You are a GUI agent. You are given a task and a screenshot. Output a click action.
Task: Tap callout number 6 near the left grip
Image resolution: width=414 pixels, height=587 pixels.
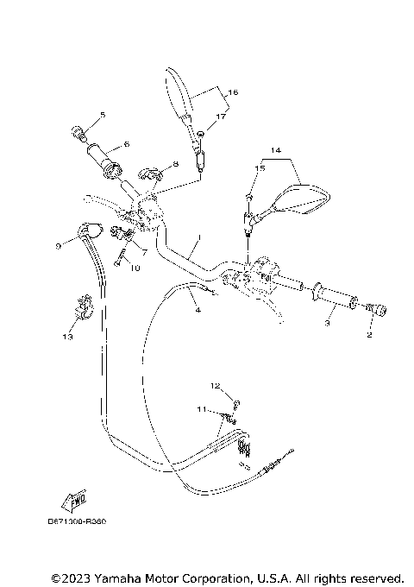coord(126,144)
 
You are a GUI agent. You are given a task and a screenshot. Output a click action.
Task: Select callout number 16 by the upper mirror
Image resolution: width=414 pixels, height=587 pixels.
coord(233,91)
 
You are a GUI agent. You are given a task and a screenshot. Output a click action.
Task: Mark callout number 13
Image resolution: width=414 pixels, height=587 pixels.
coord(66,337)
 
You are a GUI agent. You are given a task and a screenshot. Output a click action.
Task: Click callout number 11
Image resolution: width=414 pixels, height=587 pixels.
coord(200,409)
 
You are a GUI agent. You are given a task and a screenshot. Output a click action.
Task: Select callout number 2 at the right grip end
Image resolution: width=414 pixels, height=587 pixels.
coord(368,335)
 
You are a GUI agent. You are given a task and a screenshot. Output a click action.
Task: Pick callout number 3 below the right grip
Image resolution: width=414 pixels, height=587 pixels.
coord(327,324)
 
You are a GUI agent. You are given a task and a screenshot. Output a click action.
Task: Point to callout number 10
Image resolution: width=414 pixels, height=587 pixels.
coord(135,268)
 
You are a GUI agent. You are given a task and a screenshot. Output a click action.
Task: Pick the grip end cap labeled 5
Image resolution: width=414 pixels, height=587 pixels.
coord(79,134)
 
